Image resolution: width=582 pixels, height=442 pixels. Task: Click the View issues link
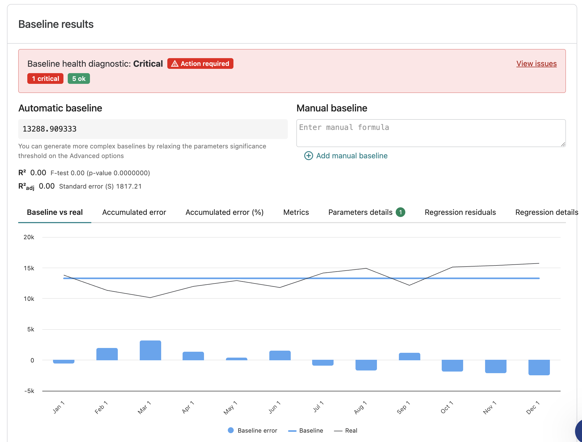click(x=536, y=64)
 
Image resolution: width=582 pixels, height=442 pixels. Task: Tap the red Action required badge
click(x=200, y=63)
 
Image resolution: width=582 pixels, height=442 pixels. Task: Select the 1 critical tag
click(x=45, y=78)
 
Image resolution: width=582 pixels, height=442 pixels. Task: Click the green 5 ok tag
click(x=79, y=78)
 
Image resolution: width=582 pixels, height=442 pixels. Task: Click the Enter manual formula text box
click(x=431, y=133)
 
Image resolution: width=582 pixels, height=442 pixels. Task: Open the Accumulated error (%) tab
click(x=225, y=212)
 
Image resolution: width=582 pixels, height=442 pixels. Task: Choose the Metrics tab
click(x=296, y=212)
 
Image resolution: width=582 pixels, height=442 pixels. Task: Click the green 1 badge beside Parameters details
click(x=400, y=212)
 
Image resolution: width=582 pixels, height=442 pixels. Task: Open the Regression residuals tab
click(x=460, y=212)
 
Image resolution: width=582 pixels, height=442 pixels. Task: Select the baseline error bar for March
click(x=150, y=350)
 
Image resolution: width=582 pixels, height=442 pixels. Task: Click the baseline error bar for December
click(x=539, y=368)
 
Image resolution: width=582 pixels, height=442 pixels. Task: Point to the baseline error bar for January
click(x=64, y=362)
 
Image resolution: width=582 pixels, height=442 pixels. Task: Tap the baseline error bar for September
click(x=410, y=357)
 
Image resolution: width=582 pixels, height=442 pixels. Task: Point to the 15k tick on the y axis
click(x=29, y=268)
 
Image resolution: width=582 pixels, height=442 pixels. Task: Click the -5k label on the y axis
click(x=29, y=391)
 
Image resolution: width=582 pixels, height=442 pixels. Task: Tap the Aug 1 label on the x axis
click(x=360, y=407)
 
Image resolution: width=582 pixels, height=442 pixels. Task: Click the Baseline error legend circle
click(x=230, y=430)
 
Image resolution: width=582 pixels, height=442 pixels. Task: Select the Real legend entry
click(x=346, y=430)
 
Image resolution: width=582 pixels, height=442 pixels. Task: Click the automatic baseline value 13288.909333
click(x=50, y=129)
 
